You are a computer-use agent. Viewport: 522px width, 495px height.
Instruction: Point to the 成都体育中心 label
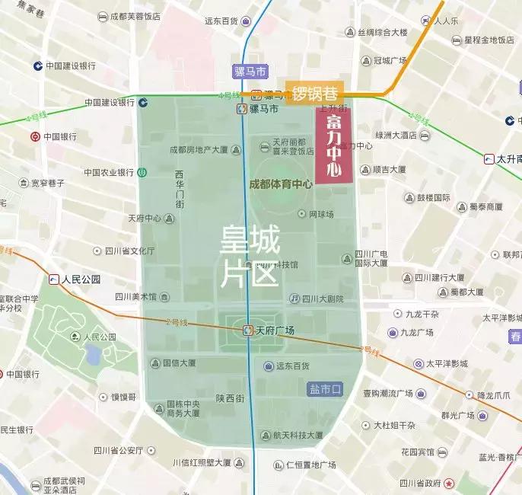pos(281,184)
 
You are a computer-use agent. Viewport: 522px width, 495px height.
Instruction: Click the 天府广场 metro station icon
pos(248,330)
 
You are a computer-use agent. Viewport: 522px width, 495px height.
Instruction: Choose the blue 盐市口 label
pos(326,389)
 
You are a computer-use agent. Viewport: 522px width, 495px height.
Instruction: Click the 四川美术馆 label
pos(135,297)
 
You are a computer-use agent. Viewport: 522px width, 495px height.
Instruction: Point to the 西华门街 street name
pos(180,189)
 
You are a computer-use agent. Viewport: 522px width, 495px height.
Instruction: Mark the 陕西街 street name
pos(229,398)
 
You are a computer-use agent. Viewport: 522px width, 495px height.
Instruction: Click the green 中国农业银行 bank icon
pos(142,173)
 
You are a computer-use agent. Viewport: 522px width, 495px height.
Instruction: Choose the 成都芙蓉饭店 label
pos(135,16)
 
